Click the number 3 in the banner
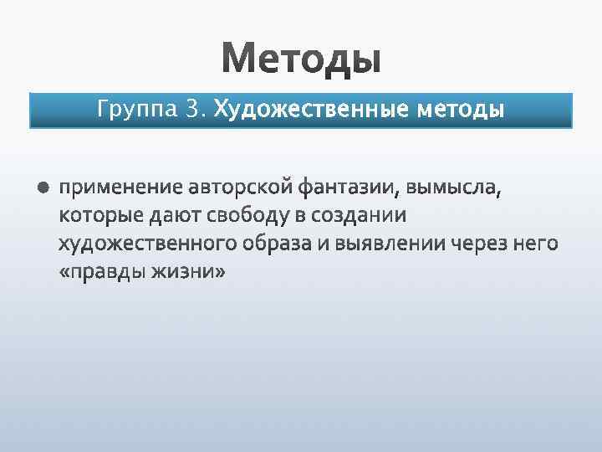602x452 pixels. pos(193,110)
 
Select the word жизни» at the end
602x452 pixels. pos(189,273)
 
